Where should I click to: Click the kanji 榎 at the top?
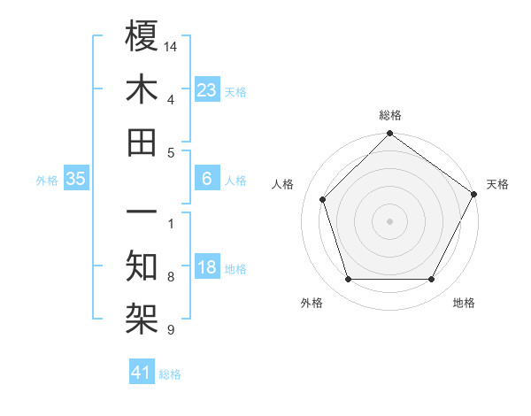tap(142, 36)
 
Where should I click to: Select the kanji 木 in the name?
tap(142, 89)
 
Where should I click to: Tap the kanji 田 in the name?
tap(142, 142)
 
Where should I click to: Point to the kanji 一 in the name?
tap(142, 213)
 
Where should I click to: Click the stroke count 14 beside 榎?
tap(172, 45)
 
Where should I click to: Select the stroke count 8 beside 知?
tap(171, 278)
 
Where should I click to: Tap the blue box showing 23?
tap(206, 89)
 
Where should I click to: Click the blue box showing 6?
tap(206, 179)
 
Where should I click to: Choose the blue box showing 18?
tap(206, 267)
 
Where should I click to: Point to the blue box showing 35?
tap(76, 179)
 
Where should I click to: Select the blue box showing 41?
tap(142, 373)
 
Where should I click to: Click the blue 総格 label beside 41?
tap(170, 374)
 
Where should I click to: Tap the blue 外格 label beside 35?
tap(47, 181)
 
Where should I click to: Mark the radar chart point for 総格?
tap(389, 135)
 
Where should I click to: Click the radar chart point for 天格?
tap(473, 195)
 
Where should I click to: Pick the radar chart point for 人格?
tap(322, 199)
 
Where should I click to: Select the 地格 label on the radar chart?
tap(464, 304)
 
